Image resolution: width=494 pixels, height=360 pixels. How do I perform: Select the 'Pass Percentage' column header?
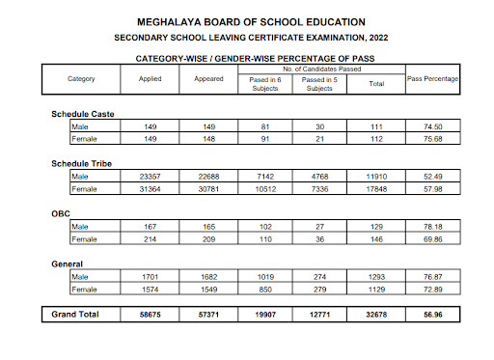tap(432, 77)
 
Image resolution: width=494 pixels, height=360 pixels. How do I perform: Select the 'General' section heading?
tap(68, 263)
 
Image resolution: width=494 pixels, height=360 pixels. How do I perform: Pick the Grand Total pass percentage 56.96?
tap(432, 315)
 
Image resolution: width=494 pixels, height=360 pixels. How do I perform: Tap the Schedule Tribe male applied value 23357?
tap(150, 176)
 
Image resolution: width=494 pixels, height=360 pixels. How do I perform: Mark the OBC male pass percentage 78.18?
tap(432, 226)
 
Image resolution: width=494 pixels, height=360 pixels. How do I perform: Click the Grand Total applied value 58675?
tap(150, 315)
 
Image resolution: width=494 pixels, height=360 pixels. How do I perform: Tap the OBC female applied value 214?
tap(150, 237)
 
